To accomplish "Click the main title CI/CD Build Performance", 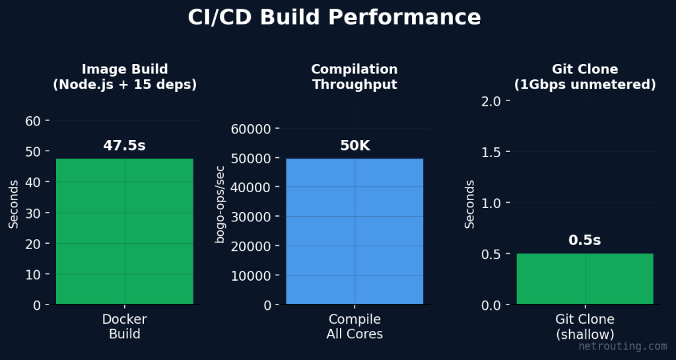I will click(334, 18).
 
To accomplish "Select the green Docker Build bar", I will click(125, 231).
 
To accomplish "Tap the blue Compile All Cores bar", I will click(355, 231).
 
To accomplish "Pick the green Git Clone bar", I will click(585, 279).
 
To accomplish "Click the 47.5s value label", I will click(124, 146).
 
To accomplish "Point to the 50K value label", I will click(355, 146).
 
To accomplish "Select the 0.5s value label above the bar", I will click(585, 240).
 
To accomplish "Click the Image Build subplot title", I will click(125, 77).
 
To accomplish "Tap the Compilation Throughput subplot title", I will click(355, 77).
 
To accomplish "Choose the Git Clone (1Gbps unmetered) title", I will click(585, 77).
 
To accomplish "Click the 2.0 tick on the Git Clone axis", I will click(492, 100).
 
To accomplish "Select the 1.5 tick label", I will click(492, 152).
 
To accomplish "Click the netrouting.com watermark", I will click(623, 346).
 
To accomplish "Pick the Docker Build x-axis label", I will click(125, 327).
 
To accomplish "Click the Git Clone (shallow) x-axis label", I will click(585, 327).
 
